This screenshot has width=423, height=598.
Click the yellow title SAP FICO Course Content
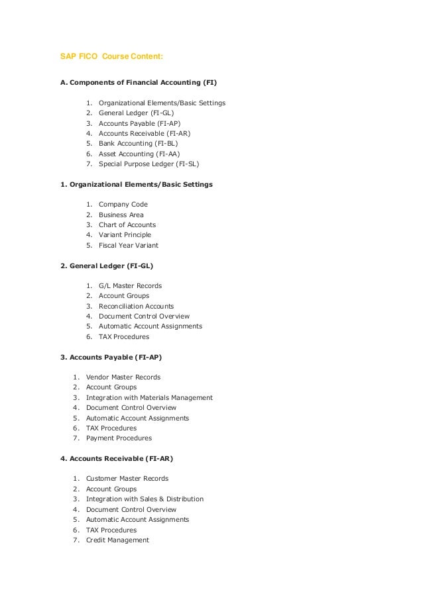[107, 57]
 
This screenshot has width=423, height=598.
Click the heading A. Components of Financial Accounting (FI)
[139, 83]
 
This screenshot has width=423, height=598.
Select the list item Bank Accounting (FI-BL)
[138, 143]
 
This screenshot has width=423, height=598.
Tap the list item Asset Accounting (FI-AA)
[139, 154]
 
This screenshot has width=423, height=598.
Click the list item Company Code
[123, 205]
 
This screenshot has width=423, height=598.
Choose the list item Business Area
[121, 215]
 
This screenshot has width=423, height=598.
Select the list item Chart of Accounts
[127, 225]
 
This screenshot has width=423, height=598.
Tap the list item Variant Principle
[125, 235]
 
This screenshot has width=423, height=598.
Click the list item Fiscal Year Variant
[129, 246]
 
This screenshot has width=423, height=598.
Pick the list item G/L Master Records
[130, 286]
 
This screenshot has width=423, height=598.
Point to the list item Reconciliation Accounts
[136, 307]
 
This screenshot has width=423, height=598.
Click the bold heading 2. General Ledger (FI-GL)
[111, 266]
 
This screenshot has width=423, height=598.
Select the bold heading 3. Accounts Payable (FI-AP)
[111, 357]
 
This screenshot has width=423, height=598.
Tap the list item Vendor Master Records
[123, 377]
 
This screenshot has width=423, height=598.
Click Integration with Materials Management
[149, 398]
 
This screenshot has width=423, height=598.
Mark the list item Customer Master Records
[127, 479]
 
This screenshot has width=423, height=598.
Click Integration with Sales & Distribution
[145, 499]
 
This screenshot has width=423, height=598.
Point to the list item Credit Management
[117, 540]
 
